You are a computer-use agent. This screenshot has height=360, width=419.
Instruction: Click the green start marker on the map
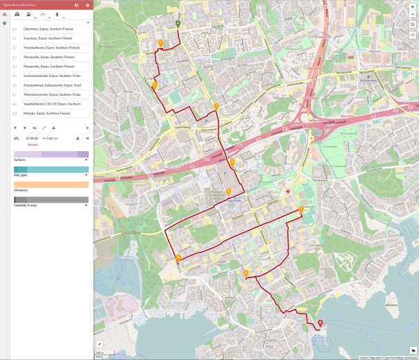(178, 24)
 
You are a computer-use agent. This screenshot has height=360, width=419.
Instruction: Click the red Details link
(33, 144)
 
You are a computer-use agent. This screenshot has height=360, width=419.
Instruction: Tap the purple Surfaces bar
(51, 154)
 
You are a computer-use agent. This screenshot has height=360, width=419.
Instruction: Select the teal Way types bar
(51, 169)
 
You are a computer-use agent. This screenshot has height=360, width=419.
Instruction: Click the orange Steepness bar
(51, 185)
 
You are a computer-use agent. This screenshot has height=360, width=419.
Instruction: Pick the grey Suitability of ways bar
(51, 200)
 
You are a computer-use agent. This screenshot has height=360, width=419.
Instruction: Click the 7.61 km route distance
(51, 139)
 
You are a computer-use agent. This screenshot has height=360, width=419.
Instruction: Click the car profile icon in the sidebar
(17, 14)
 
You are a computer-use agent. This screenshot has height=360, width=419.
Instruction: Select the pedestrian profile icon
(56, 14)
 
